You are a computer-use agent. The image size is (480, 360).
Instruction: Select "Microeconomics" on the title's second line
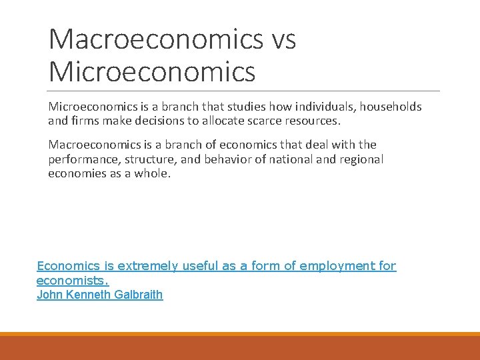coord(152,71)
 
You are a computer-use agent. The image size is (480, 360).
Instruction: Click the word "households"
coord(391,107)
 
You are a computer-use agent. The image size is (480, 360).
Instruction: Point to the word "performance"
coord(81,160)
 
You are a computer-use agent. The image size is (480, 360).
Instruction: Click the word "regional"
coord(361,160)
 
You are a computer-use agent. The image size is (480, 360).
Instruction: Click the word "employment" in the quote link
coord(337,266)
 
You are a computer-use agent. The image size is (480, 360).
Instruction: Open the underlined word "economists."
coord(73,281)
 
